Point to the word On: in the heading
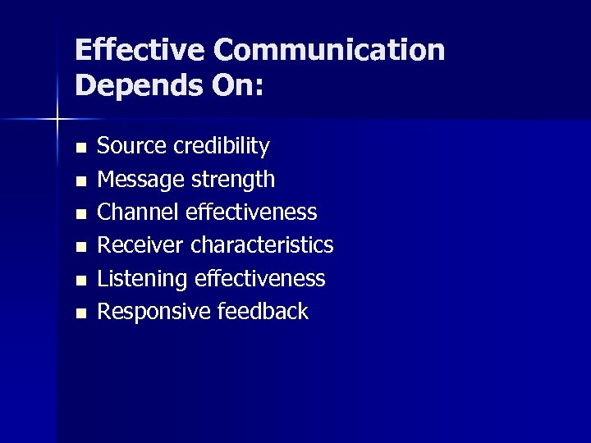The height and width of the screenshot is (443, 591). click(x=237, y=85)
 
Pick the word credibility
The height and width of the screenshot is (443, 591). click(x=221, y=146)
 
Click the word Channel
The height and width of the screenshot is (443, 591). click(x=138, y=212)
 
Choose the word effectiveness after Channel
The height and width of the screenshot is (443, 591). click(x=251, y=212)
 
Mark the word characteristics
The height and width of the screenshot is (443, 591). click(x=262, y=245)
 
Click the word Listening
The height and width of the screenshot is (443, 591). click(x=142, y=279)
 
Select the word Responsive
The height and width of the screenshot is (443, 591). click(x=153, y=312)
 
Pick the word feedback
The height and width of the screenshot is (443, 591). click(x=263, y=312)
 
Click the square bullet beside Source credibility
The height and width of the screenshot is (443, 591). click(x=80, y=148)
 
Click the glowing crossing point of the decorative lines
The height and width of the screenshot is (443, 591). click(x=57, y=120)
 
